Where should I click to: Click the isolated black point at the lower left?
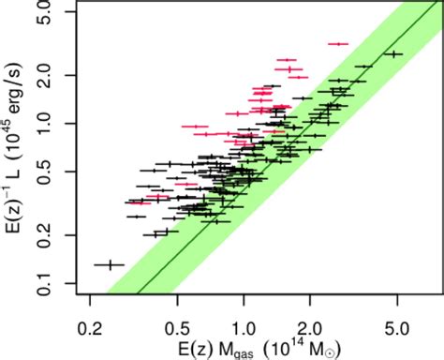[x=111, y=265]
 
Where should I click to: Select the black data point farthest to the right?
[x=395, y=54]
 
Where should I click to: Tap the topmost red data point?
[x=337, y=43]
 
